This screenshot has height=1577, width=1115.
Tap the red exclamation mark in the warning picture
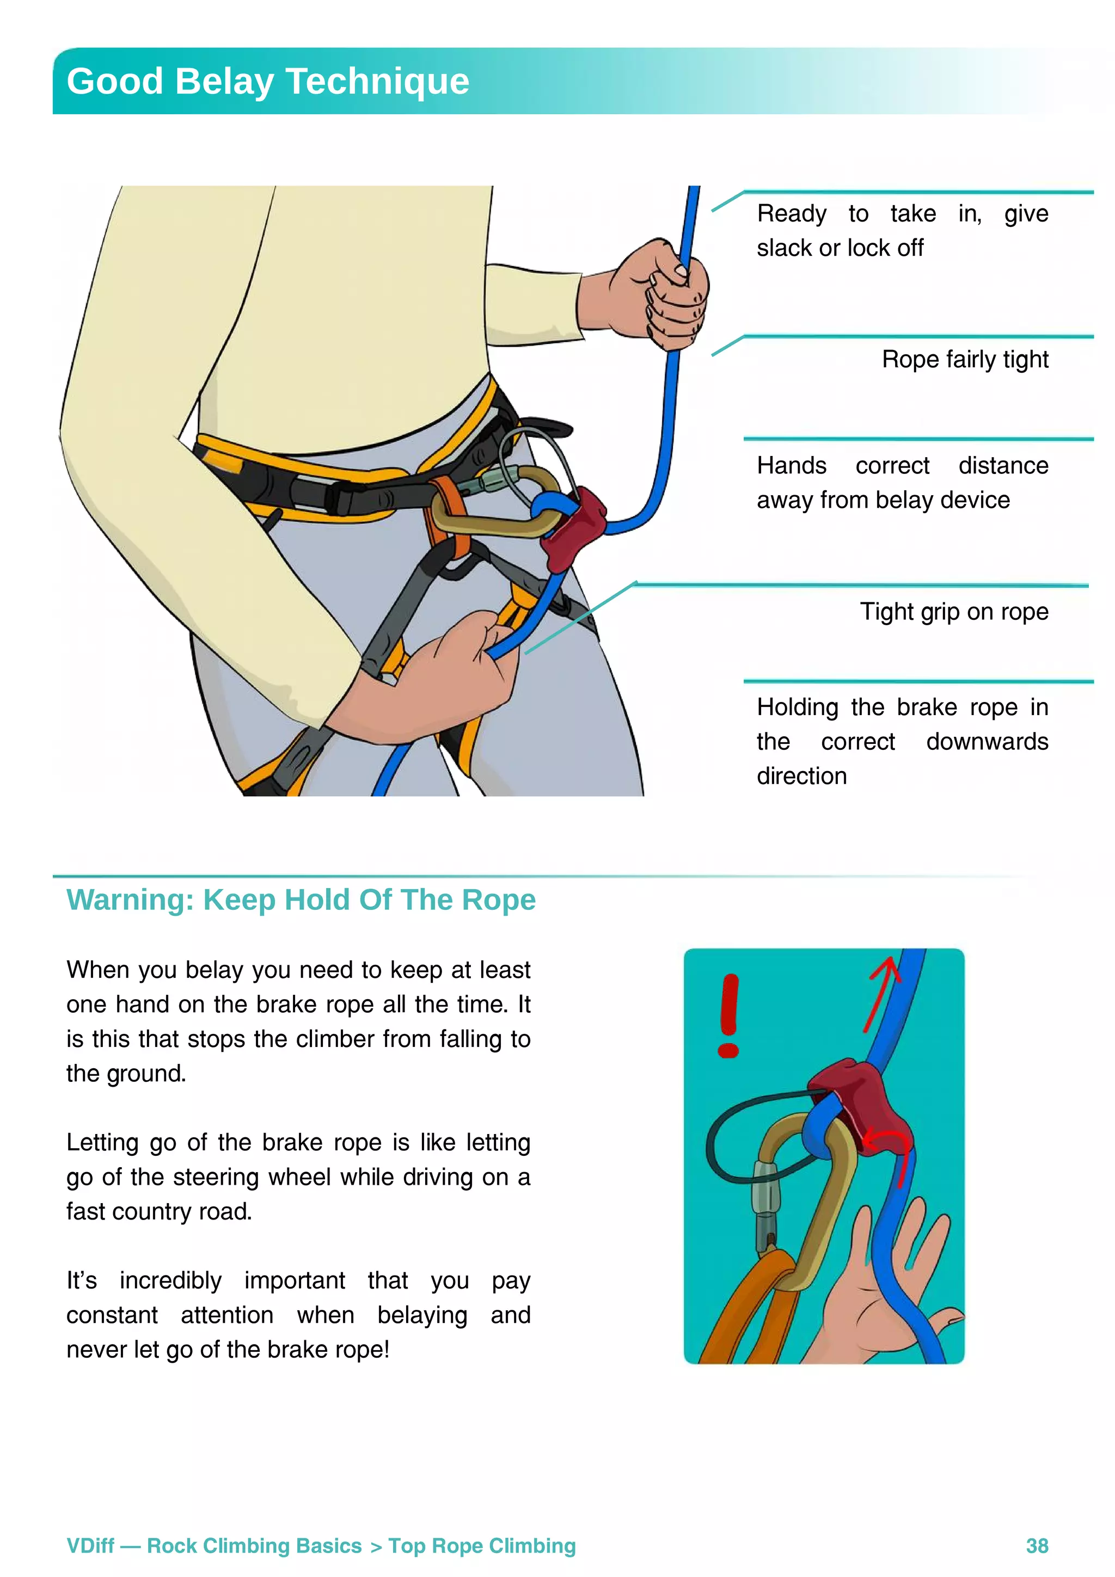tap(729, 1014)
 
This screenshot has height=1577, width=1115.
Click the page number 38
tap(1036, 1545)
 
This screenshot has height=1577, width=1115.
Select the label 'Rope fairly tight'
tap(965, 359)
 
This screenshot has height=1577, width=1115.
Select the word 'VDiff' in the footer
tap(90, 1545)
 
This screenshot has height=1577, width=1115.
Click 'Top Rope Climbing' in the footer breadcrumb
tap(482, 1545)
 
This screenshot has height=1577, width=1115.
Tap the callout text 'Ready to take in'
tap(869, 214)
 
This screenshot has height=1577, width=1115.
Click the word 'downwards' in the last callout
tap(987, 742)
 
